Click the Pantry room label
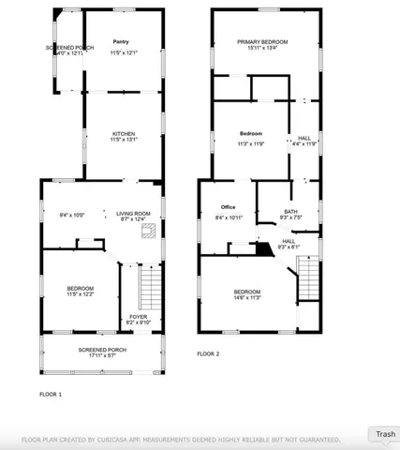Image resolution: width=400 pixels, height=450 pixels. coord(122,42)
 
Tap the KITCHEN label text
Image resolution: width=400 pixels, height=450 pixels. coord(124,133)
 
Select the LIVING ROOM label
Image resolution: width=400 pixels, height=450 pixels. coord(133,214)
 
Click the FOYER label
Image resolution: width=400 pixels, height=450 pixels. coord(138,317)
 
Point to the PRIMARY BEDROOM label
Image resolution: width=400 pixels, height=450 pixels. coord(262,42)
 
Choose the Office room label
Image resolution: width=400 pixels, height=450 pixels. coord(228,207)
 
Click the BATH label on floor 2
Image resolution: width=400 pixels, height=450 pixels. coord(291,212)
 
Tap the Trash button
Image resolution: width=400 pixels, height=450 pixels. coord(385,434)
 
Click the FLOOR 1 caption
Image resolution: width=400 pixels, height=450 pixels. coord(51,394)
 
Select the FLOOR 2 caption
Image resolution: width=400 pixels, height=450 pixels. coord(208,353)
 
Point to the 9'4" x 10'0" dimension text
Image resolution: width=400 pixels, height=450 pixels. coord(71,215)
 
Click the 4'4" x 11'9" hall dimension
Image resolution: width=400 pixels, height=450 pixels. coord(305,143)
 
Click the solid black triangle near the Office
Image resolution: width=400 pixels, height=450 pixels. coord(264,248)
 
